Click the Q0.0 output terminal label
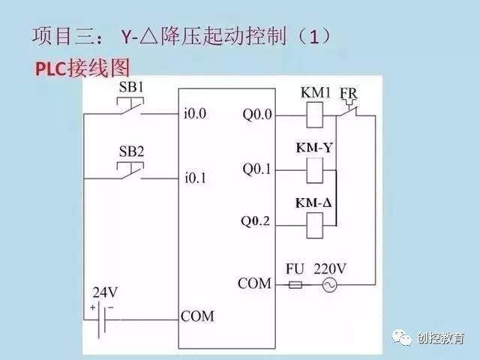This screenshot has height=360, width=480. (x=258, y=115)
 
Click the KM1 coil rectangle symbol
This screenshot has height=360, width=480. (x=313, y=115)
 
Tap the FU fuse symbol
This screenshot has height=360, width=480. (x=295, y=285)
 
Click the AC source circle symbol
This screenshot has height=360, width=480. (x=328, y=285)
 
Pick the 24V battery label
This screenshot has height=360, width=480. (x=104, y=292)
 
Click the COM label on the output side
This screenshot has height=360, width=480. (x=254, y=283)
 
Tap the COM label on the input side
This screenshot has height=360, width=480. (x=197, y=316)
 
